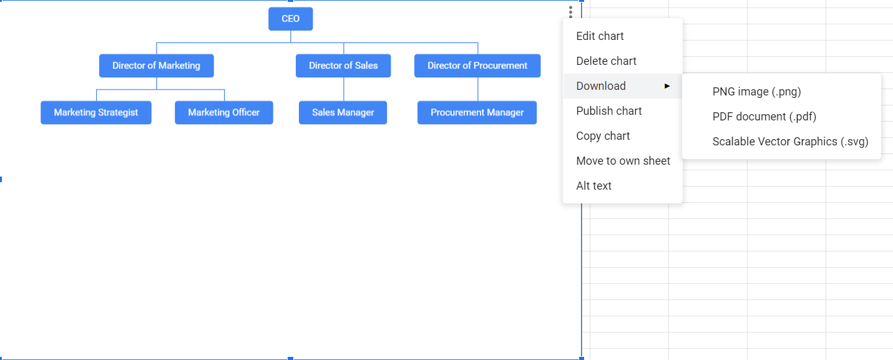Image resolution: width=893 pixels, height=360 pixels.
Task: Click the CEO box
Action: click(x=290, y=19)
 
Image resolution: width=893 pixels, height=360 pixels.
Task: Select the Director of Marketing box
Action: click(x=156, y=66)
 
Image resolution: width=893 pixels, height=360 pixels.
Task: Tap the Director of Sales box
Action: click(x=343, y=66)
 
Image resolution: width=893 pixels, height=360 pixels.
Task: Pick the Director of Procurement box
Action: click(x=477, y=66)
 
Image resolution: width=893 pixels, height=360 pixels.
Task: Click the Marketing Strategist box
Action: click(x=96, y=112)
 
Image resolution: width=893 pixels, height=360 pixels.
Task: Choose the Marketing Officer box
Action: click(x=223, y=112)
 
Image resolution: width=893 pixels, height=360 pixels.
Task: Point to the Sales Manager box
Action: click(x=343, y=112)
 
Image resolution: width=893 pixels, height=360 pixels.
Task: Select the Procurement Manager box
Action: click(x=477, y=112)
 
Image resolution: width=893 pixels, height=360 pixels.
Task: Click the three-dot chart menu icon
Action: click(x=570, y=12)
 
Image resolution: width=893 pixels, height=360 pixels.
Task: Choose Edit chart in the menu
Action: click(x=600, y=36)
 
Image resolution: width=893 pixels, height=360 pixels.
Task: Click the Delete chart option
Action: click(x=606, y=61)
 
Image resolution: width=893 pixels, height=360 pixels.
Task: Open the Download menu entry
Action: click(x=601, y=86)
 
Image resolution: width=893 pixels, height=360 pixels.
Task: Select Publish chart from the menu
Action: click(x=608, y=111)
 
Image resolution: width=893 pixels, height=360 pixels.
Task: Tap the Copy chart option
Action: click(x=603, y=136)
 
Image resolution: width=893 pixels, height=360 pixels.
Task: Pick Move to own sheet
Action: click(x=623, y=161)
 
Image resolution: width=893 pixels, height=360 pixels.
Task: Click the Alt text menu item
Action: click(x=593, y=186)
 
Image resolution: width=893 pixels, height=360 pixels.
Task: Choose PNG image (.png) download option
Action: click(x=756, y=92)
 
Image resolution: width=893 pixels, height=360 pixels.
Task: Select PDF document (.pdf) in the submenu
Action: click(x=764, y=117)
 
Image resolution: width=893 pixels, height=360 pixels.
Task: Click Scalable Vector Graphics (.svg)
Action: click(x=790, y=142)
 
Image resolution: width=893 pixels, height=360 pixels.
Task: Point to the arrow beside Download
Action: click(x=667, y=86)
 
